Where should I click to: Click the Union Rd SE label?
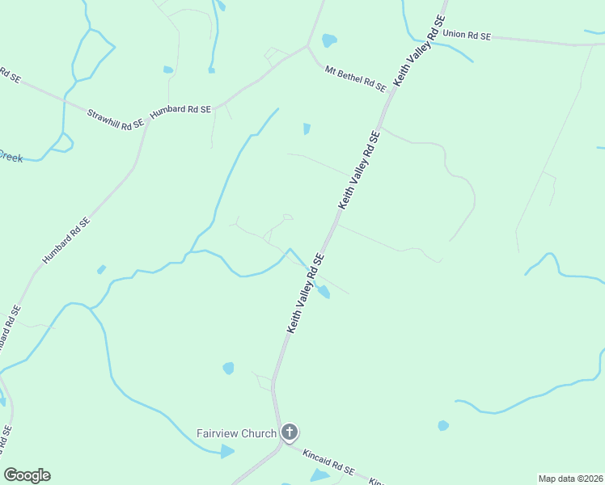tap(467, 36)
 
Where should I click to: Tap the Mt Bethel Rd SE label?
tap(356, 78)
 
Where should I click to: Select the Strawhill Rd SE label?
tap(115, 116)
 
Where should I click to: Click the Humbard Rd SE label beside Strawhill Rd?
tap(180, 109)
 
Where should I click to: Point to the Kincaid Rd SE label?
tap(328, 463)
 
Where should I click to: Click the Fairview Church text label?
tap(236, 433)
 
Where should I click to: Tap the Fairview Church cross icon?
tap(290, 433)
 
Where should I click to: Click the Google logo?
tap(27, 475)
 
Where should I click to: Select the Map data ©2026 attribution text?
tap(570, 479)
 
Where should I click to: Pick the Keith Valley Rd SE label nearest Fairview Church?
tap(306, 293)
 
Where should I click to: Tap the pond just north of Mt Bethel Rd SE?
tap(329, 40)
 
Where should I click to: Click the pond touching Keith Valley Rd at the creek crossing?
tap(324, 292)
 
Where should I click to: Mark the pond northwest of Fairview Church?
tap(228, 369)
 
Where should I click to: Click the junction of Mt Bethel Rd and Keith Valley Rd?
tap(387, 95)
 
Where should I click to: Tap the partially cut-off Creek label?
tap(11, 157)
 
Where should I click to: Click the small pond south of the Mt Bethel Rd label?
tap(307, 129)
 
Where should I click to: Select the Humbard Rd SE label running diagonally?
tap(66, 240)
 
